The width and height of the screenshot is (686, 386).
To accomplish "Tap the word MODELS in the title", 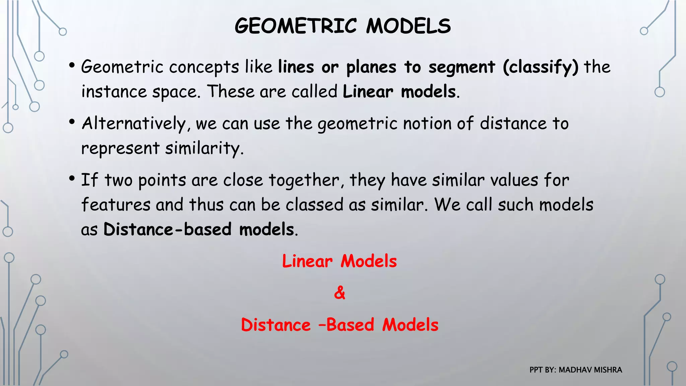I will [408, 26].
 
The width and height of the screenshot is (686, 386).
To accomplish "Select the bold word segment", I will [462, 67].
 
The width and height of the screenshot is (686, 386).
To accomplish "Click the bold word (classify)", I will [540, 67].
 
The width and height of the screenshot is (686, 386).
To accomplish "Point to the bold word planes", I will [371, 67].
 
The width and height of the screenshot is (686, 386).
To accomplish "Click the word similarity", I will [204, 148].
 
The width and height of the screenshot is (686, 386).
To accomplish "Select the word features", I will [116, 205].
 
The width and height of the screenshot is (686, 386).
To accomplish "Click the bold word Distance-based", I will [167, 230].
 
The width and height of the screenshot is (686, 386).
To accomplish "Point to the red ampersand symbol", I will [339, 293].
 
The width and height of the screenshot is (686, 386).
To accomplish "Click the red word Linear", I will [307, 261].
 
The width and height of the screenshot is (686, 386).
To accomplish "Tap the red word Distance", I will [276, 325].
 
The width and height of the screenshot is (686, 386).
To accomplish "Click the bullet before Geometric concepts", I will [72, 66].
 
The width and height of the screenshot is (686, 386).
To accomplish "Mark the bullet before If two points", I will [72, 179].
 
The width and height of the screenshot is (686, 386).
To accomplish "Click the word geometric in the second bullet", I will [357, 124].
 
